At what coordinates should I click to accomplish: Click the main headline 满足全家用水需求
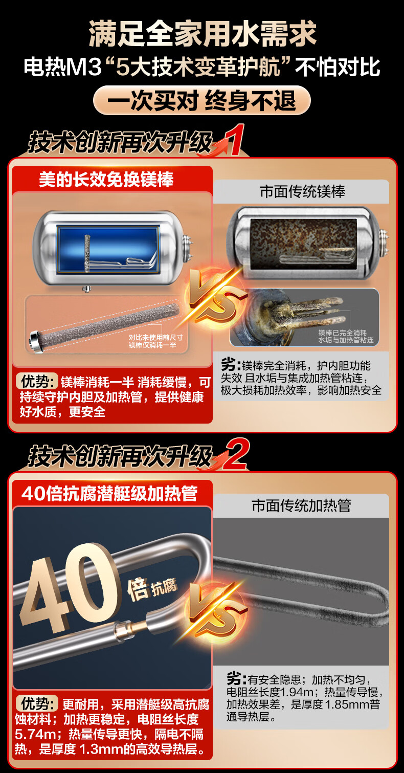[x=202, y=33]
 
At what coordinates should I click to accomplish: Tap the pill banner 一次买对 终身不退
[x=202, y=101]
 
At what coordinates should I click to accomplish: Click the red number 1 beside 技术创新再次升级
[x=235, y=140]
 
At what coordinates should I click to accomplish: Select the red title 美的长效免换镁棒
[x=106, y=180]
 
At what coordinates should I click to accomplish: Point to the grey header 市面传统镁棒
[x=302, y=191]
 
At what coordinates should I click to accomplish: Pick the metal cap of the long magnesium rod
[x=36, y=343]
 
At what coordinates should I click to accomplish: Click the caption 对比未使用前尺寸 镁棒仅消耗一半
[x=155, y=341]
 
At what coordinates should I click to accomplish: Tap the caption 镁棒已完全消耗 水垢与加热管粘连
[x=346, y=337]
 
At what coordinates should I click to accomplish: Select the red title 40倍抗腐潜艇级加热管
[x=110, y=494]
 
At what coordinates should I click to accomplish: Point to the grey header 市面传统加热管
[x=301, y=505]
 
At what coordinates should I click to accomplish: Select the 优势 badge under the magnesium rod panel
[x=37, y=381]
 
